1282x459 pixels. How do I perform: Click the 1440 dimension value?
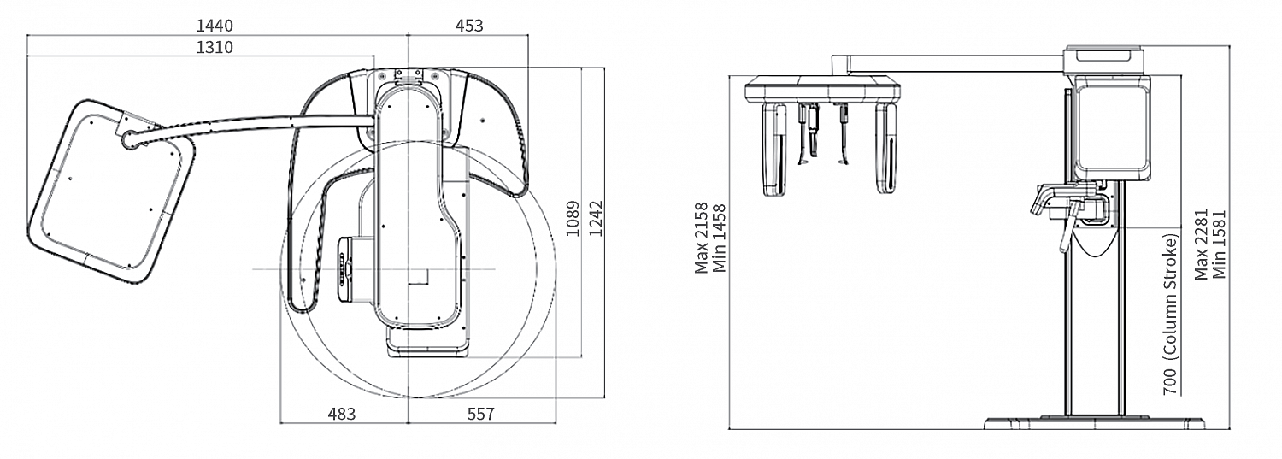(215, 26)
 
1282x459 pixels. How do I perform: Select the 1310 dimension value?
(215, 47)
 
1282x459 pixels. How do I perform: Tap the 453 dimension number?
(469, 26)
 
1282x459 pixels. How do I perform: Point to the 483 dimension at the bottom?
(342, 414)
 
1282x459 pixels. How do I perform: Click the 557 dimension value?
(480, 414)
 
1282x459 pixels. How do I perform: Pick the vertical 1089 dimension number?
(573, 218)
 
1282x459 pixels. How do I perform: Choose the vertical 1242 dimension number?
(597, 218)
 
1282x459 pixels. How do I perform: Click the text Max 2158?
(702, 238)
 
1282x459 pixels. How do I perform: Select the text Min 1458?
(720, 238)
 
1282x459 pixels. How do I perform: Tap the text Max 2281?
(1202, 244)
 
